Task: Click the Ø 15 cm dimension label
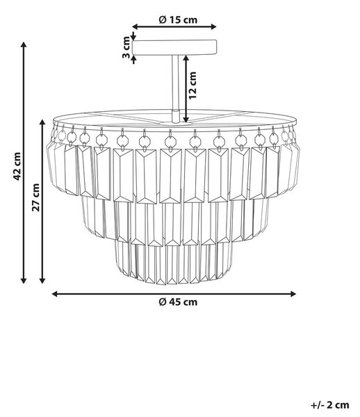click(178, 19)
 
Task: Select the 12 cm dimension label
click(193, 85)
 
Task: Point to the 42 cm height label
click(17, 166)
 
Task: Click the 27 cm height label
click(35, 197)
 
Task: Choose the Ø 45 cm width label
click(178, 302)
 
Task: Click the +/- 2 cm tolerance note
click(329, 405)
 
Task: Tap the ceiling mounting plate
click(174, 47)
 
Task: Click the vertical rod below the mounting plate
click(175, 82)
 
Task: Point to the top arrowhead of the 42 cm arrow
click(24, 44)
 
